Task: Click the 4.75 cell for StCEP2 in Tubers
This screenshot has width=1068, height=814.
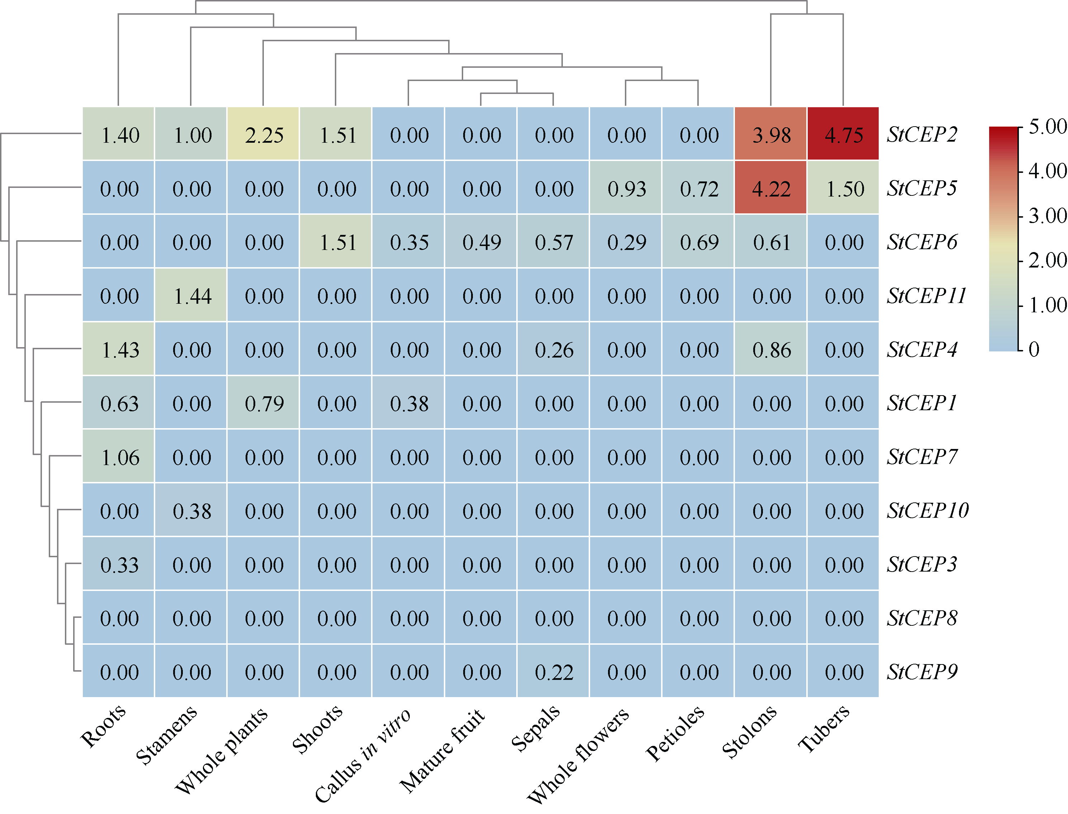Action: (x=843, y=134)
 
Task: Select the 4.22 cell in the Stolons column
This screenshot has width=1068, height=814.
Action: (x=770, y=188)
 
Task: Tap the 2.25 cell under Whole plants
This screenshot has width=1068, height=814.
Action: (x=264, y=134)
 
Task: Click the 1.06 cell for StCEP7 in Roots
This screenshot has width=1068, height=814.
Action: (x=119, y=456)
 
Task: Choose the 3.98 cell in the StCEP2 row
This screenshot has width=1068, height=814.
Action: (x=770, y=134)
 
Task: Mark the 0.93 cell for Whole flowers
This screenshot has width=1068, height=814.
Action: (x=626, y=188)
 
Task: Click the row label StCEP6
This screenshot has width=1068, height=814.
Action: (x=922, y=242)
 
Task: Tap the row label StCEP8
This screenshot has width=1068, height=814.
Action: (x=922, y=618)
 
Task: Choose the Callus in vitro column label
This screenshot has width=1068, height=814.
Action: (x=362, y=755)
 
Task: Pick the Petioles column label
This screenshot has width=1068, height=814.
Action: (x=675, y=733)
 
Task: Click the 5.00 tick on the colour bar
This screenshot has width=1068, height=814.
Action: (x=1048, y=127)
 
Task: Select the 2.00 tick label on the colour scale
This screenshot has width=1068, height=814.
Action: (x=1048, y=261)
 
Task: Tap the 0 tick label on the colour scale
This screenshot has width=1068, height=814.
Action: (x=1034, y=349)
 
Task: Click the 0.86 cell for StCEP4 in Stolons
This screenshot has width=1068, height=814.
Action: (x=770, y=349)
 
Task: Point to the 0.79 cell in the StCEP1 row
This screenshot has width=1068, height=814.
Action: (x=264, y=403)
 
